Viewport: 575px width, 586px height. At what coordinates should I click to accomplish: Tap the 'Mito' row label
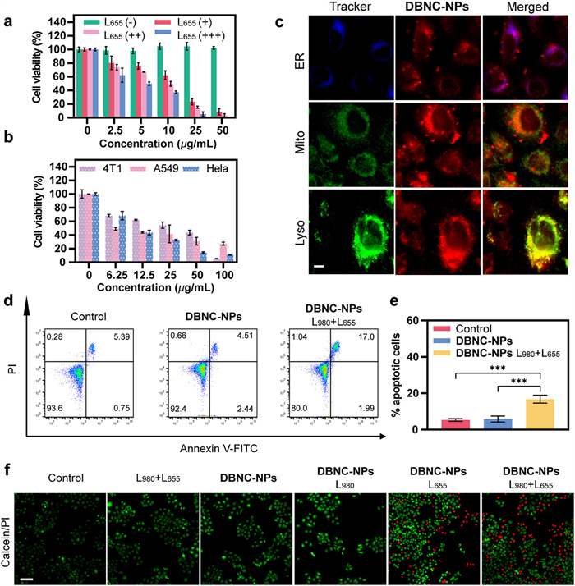click(x=299, y=151)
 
